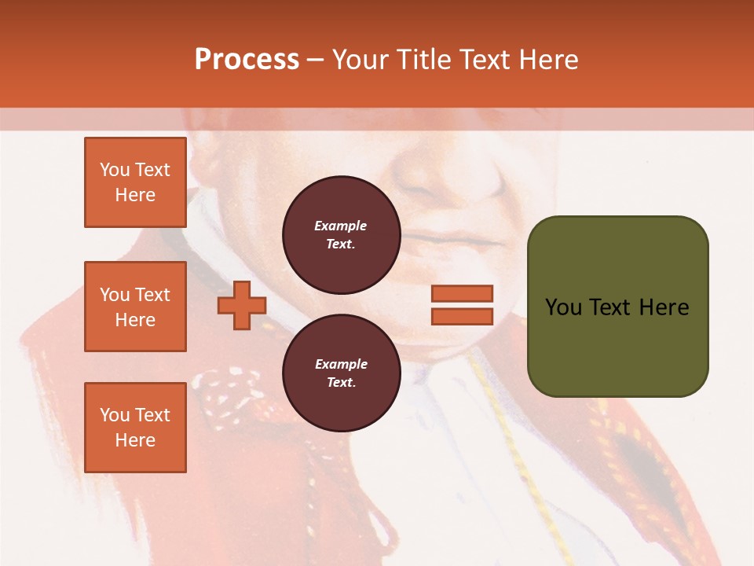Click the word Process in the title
247,60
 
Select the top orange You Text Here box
135,182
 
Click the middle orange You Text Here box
135,307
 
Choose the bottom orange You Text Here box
135,428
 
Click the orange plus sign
242,305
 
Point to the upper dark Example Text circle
341,235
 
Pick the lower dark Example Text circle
341,373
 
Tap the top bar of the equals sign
462,293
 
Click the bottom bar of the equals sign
462,316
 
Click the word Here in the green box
664,307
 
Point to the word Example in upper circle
341,226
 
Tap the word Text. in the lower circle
341,383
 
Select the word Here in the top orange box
135,195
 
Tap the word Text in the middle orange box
153,295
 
